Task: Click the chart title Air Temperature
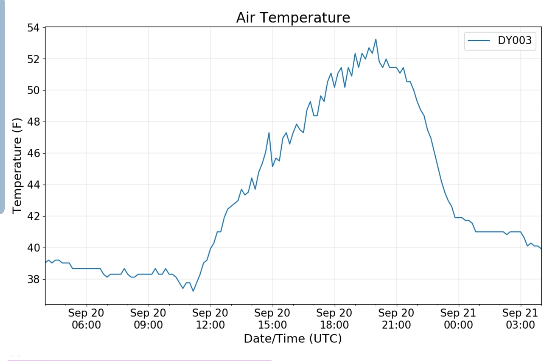(x=293, y=17)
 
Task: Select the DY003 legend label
(x=514, y=40)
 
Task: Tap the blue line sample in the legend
(x=479, y=40)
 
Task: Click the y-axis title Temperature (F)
(x=17, y=166)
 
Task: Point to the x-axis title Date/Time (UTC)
(x=293, y=338)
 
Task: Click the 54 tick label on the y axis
(x=33, y=28)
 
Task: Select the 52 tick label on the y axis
(x=33, y=59)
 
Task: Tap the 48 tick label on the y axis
(x=33, y=122)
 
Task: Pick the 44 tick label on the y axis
(x=33, y=185)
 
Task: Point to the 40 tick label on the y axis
(x=33, y=248)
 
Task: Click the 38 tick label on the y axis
(x=33, y=279)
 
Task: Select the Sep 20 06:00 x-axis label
(x=86, y=319)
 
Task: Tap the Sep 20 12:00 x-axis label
(x=210, y=319)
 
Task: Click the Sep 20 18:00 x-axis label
(x=334, y=319)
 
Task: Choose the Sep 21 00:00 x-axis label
(x=458, y=319)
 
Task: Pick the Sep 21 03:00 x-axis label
(x=520, y=319)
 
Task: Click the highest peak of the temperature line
(x=375, y=39)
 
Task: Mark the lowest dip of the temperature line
(x=193, y=291)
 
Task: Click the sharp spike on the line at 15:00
(x=269, y=133)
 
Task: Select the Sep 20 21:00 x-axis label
(x=396, y=319)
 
